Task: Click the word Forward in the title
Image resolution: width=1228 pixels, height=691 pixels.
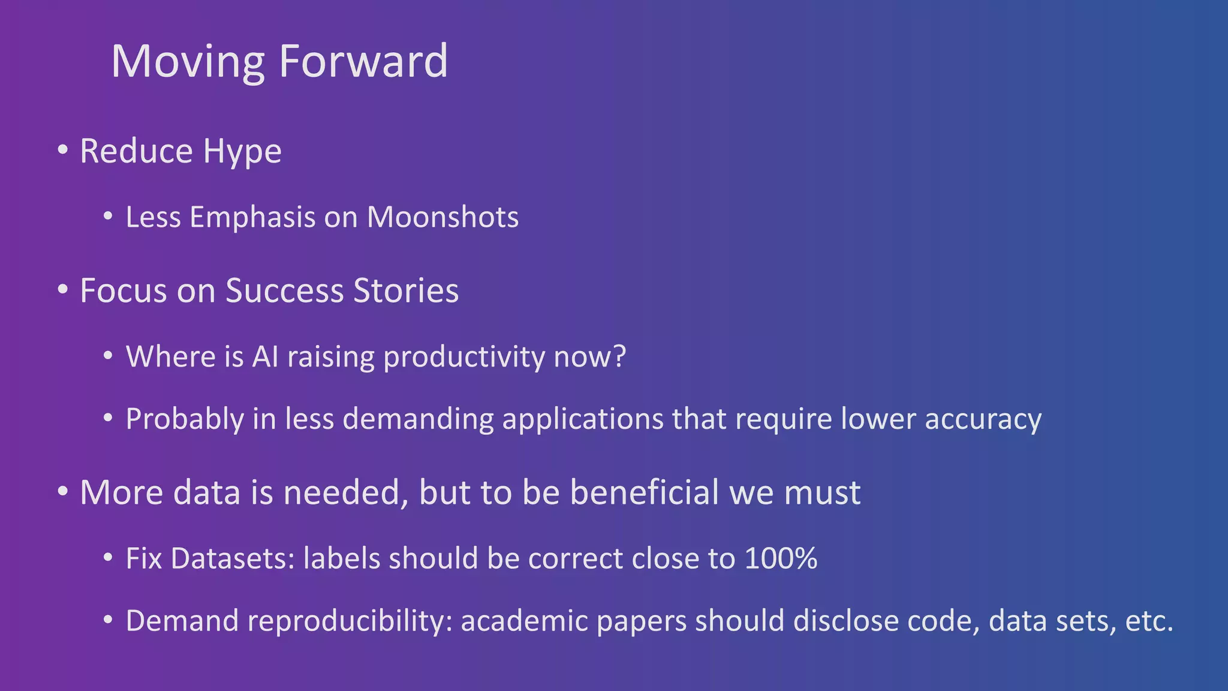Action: coord(363,61)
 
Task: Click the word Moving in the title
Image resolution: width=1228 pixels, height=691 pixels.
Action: coord(188,62)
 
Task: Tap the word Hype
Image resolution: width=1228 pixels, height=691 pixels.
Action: coord(242,152)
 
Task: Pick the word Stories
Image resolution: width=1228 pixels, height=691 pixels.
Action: coord(406,291)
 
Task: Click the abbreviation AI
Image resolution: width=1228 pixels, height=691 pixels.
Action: coord(266,357)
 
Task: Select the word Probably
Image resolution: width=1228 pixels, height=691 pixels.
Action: coord(184,419)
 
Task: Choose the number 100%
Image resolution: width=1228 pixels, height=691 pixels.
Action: coord(781,558)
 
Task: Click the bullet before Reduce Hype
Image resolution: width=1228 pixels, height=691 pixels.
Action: coord(63,150)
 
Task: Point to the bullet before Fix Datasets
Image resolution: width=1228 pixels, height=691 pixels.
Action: coord(108,558)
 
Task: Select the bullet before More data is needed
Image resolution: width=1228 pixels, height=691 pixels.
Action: coord(63,492)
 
